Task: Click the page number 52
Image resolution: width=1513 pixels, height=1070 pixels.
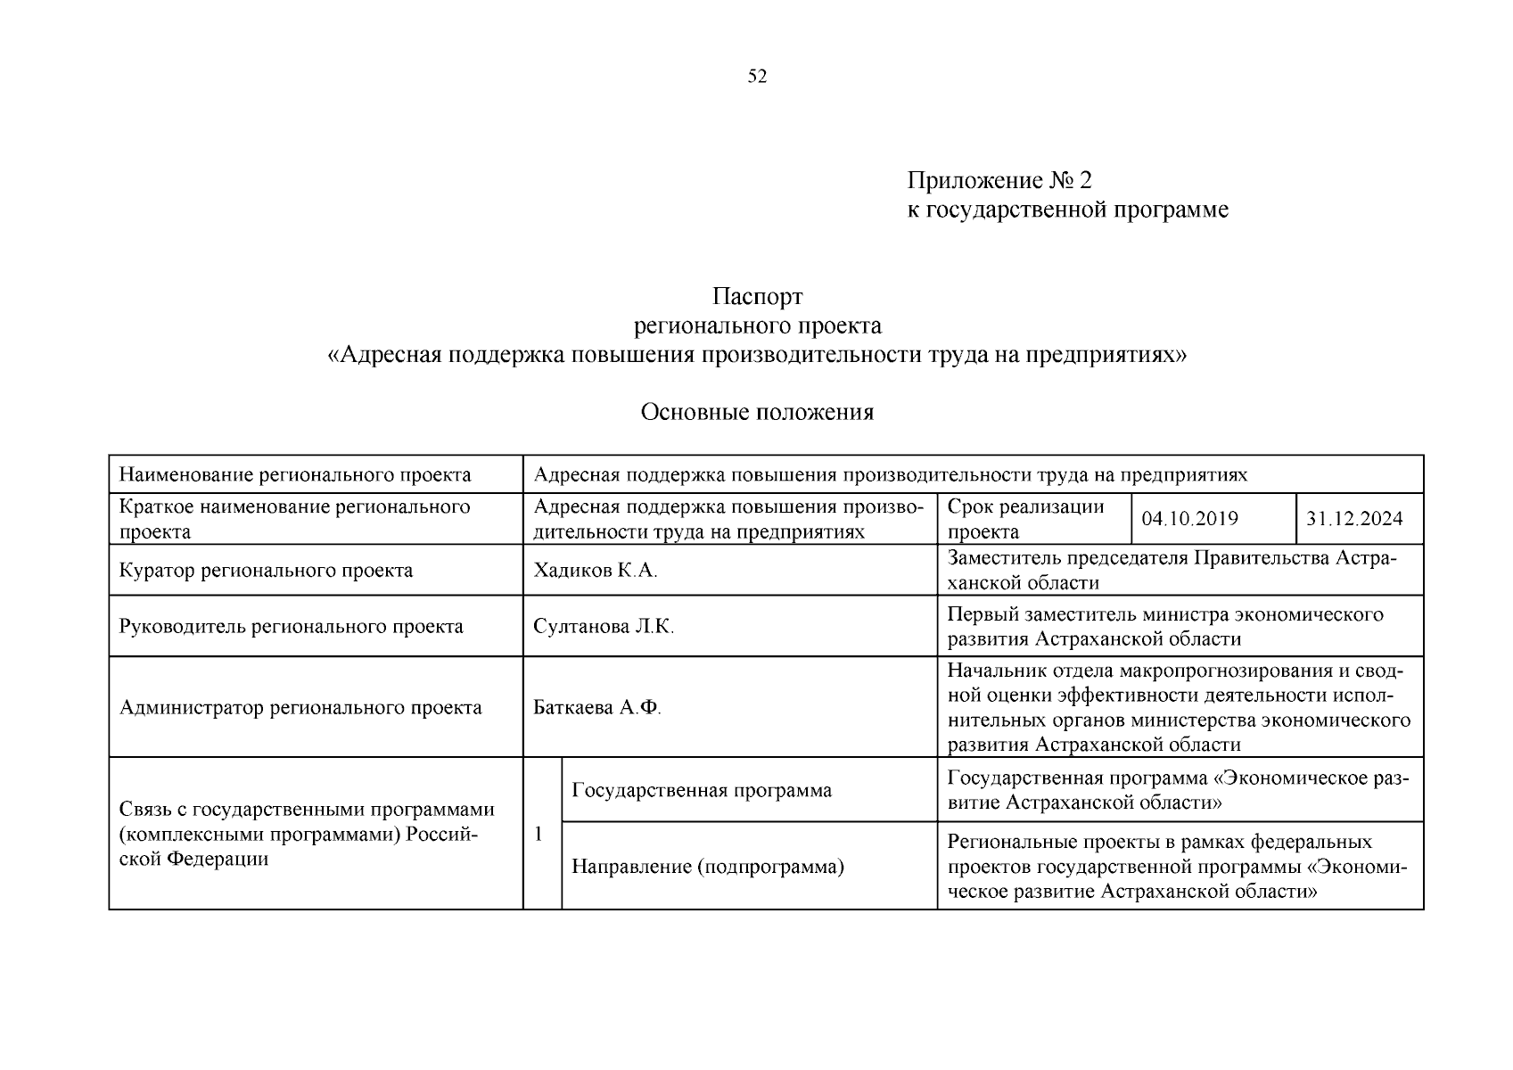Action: [756, 77]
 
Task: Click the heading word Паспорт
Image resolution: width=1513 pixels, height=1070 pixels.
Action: [757, 296]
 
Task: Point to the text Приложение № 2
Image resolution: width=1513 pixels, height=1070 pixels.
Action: [999, 181]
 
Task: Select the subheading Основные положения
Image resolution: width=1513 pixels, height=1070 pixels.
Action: [757, 412]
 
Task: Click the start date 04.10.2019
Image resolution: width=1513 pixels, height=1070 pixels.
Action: [1188, 519]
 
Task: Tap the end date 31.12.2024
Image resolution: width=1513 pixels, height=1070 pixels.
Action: [1353, 519]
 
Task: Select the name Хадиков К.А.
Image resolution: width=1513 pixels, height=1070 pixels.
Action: [595, 571]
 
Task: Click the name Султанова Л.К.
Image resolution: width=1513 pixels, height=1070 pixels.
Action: [604, 627]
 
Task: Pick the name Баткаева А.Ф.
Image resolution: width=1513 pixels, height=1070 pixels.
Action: [596, 708]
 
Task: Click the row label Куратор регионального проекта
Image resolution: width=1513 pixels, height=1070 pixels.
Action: [266, 571]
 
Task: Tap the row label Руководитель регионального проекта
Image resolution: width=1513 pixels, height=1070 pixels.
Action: [291, 627]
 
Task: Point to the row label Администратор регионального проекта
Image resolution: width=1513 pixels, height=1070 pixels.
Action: [300, 708]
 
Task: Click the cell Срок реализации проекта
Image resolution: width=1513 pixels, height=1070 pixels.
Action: [1025, 519]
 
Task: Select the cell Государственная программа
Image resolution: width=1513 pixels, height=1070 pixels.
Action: [701, 790]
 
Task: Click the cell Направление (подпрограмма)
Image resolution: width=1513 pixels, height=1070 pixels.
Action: [707, 867]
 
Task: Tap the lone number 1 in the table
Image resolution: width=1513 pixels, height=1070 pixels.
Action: [538, 835]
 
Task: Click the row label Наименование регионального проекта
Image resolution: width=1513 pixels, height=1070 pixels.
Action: [295, 474]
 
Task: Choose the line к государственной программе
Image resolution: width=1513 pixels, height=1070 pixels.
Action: [1067, 210]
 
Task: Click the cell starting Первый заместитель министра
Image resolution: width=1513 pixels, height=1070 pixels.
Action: [1164, 627]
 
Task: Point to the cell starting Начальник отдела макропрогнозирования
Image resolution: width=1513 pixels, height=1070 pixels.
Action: [1179, 708]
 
